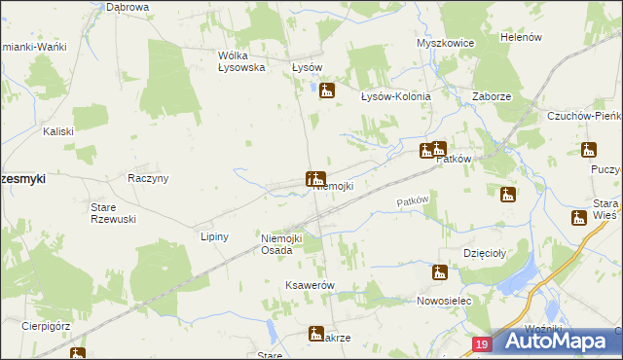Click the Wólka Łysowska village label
click(x=242, y=61)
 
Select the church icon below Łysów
click(x=327, y=91)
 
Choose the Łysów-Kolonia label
click(x=396, y=96)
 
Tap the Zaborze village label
click(x=492, y=96)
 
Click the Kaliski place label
click(x=58, y=130)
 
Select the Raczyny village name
click(x=149, y=178)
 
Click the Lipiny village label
click(x=213, y=236)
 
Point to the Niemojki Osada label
click(x=283, y=244)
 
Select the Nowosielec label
click(x=444, y=301)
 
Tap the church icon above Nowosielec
click(x=440, y=272)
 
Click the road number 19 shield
click(x=483, y=343)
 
